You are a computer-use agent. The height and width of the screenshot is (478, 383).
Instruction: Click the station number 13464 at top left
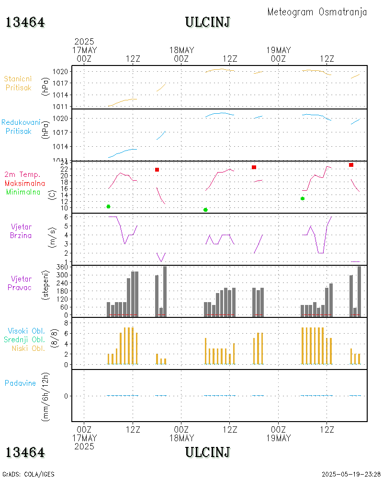pyautogui.click(x=25, y=22)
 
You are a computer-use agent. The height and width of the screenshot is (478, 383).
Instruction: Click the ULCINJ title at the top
pyautogui.click(x=208, y=22)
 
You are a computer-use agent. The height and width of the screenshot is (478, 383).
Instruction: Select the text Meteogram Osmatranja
pyautogui.click(x=317, y=12)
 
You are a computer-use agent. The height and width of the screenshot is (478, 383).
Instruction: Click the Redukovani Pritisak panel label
pyautogui.click(x=21, y=127)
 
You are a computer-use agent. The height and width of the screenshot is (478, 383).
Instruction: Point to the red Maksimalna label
pyautogui.click(x=25, y=183)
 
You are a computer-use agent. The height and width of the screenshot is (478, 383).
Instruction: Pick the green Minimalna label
pyautogui.click(x=23, y=192)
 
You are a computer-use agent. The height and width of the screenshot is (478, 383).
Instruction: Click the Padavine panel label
pyautogui.click(x=21, y=383)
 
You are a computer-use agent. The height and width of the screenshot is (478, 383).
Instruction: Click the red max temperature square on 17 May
pyautogui.click(x=157, y=170)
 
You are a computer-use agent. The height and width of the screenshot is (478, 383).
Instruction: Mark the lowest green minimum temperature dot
pyautogui.click(x=205, y=210)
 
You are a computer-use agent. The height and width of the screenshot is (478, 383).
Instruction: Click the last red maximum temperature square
pyautogui.click(x=351, y=165)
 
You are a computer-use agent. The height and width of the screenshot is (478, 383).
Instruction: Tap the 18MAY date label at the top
pyautogui.click(x=181, y=50)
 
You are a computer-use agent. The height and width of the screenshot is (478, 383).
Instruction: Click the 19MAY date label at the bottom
pyautogui.click(x=278, y=438)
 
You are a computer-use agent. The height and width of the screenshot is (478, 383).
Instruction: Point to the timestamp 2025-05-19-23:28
pyautogui.click(x=351, y=474)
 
